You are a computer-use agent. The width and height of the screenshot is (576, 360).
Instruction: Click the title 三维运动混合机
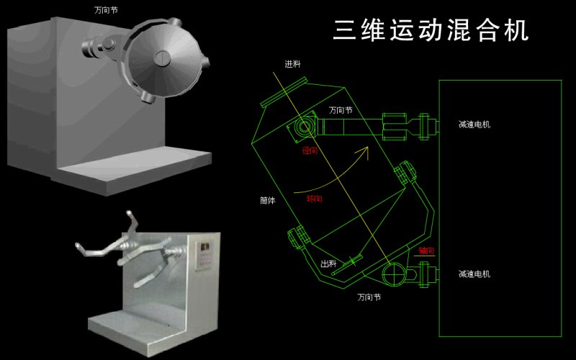click(431, 30)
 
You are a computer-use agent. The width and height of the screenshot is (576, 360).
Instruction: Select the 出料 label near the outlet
click(328, 264)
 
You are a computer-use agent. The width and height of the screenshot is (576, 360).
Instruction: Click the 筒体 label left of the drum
click(267, 201)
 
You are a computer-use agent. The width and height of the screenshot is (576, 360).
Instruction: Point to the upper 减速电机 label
click(474, 125)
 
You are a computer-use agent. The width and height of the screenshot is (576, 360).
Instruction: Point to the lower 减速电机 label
click(474, 274)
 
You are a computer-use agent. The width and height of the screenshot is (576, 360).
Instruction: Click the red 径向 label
click(310, 151)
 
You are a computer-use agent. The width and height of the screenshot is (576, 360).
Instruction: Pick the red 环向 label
click(314, 198)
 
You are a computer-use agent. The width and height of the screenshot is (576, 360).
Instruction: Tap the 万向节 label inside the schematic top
click(341, 111)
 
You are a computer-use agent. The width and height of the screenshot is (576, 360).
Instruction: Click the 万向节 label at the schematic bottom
click(369, 297)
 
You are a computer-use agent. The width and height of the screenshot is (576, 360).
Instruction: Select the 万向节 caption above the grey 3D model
click(106, 11)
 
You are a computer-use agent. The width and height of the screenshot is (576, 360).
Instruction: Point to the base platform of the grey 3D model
click(133, 170)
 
